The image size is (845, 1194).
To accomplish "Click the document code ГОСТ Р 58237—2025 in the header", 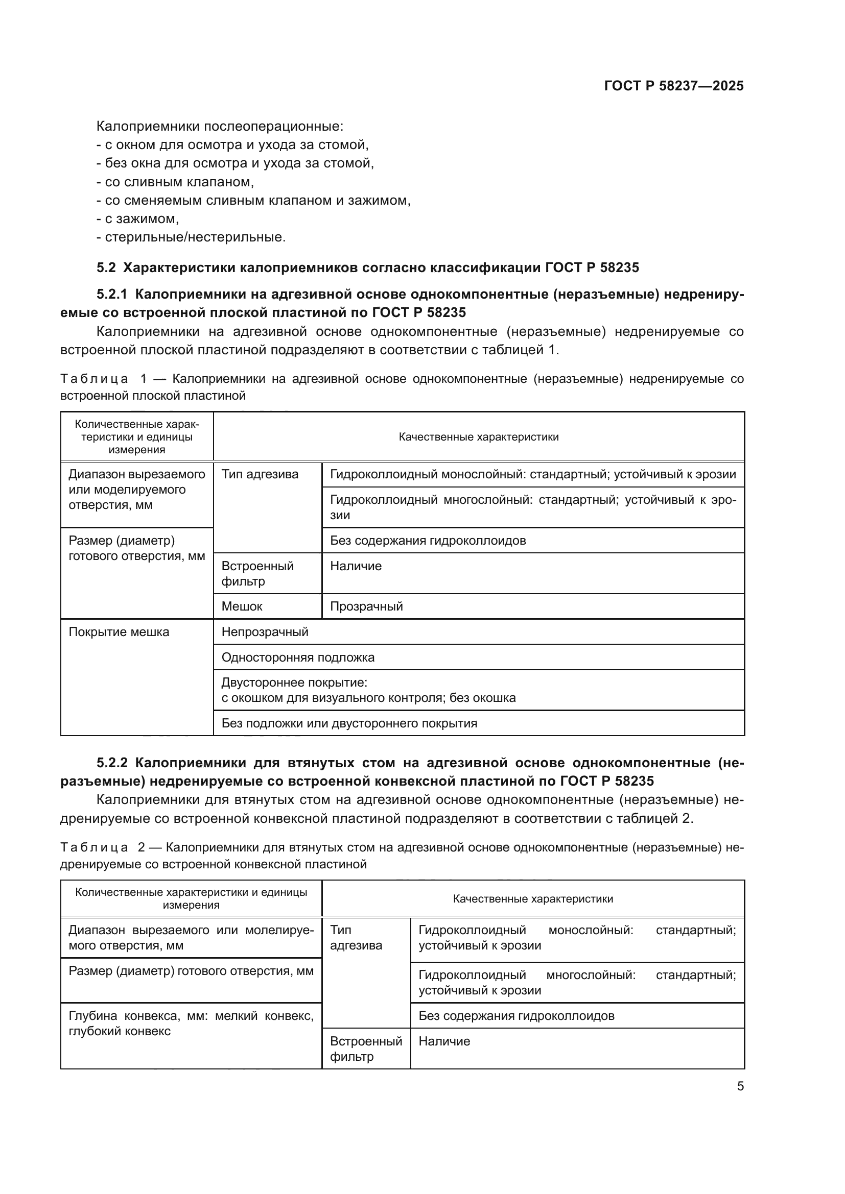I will click(673, 86).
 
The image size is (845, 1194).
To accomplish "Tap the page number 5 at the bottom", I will click(740, 1086).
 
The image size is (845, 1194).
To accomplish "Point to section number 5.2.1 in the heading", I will click(111, 295).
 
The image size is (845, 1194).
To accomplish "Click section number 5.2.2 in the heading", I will click(111, 763).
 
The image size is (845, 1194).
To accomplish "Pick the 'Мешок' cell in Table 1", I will click(242, 606).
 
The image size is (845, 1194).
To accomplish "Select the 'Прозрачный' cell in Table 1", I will click(366, 606).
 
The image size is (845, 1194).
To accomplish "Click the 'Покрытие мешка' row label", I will click(119, 632).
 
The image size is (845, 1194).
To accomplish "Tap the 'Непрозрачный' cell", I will click(265, 632).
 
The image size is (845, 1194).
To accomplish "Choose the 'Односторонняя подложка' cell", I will click(298, 658).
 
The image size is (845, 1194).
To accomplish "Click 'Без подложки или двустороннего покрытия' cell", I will click(349, 723).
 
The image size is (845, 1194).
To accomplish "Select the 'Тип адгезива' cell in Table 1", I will click(260, 474).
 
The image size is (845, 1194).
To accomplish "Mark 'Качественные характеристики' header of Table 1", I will click(478, 437).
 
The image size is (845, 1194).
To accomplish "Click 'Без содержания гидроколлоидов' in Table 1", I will click(428, 541).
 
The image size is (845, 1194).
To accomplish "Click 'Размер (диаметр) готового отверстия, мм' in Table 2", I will click(191, 971).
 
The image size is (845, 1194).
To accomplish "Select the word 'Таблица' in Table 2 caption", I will click(93, 848).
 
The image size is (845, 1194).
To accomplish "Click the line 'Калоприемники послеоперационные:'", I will click(220, 127).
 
